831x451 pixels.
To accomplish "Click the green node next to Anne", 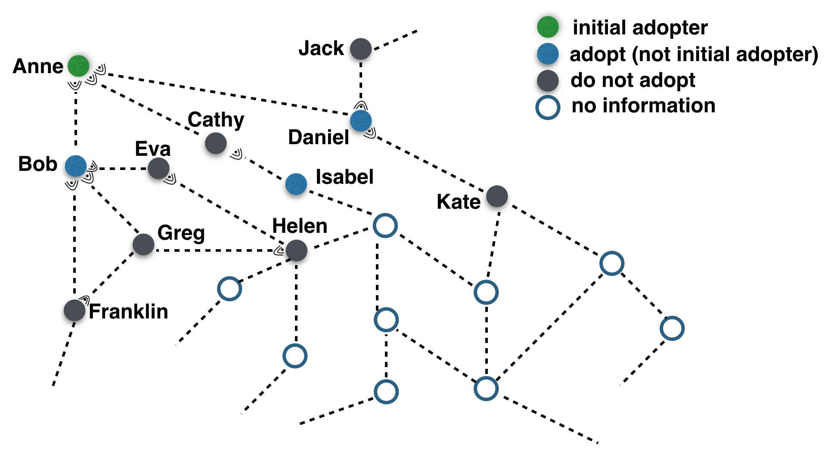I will (78, 66).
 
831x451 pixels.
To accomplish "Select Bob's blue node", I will (76, 166).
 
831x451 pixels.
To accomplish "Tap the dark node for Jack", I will (361, 49).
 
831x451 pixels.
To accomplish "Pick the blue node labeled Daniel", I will (361, 121).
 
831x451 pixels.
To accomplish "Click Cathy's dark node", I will (216, 143).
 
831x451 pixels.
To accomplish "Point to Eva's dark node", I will (158, 168).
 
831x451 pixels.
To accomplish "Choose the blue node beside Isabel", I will (296, 184).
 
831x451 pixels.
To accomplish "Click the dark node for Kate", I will (497, 196).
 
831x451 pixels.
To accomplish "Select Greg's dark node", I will (143, 244).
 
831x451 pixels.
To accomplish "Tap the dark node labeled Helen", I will (296, 250).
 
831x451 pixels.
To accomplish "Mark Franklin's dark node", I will (74, 310).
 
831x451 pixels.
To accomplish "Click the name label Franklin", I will (128, 311).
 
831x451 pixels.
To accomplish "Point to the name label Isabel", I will (344, 177).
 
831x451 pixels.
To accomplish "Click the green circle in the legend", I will (548, 27).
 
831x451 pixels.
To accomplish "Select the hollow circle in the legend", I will (548, 107).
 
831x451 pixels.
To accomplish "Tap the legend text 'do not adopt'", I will (633, 80).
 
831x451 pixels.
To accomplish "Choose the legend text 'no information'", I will (643, 105).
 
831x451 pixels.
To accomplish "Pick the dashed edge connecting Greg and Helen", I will (215, 250).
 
